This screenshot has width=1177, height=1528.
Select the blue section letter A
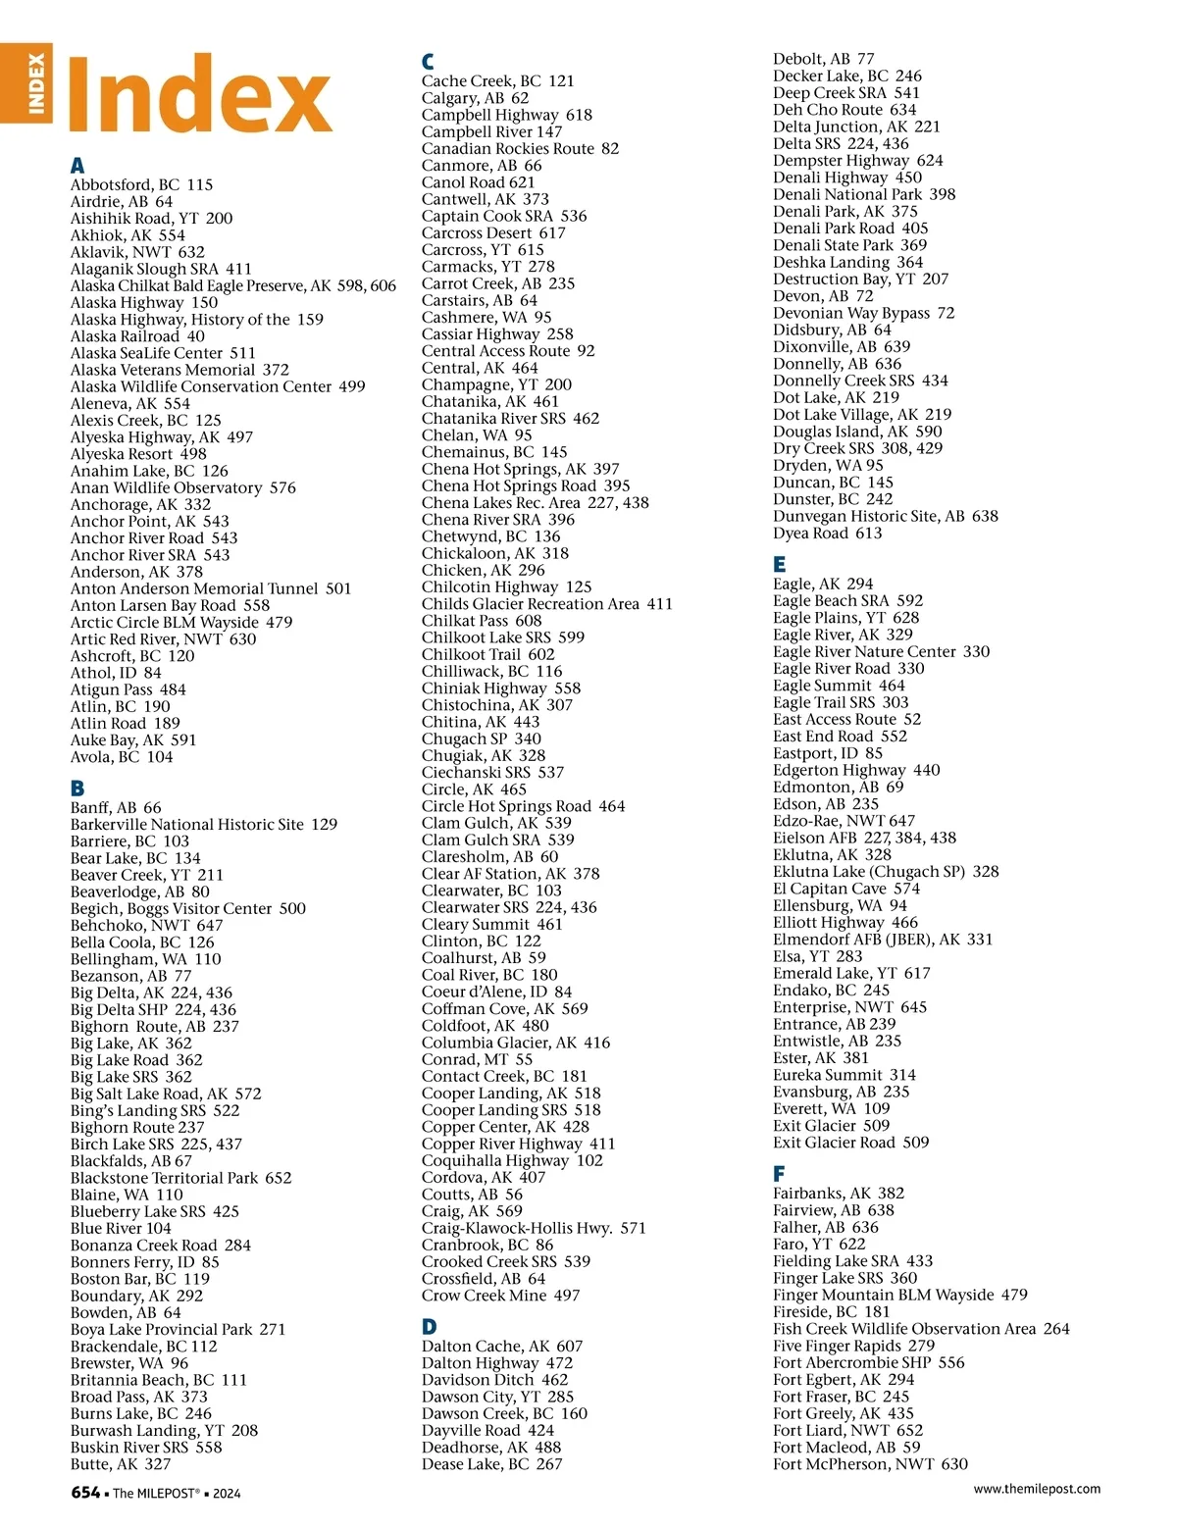(x=77, y=166)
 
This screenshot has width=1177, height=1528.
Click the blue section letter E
(x=780, y=564)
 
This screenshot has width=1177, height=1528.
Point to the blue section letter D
(x=429, y=1327)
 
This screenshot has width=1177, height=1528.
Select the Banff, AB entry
(x=116, y=807)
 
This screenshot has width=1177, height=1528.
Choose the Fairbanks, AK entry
(x=839, y=1193)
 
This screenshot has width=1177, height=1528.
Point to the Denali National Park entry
(x=863, y=194)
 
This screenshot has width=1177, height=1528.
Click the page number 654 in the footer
(x=85, y=1492)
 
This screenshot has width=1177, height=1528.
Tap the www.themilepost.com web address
(x=1036, y=1489)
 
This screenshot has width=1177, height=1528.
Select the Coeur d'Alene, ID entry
(x=496, y=992)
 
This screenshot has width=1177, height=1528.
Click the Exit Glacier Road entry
(x=850, y=1142)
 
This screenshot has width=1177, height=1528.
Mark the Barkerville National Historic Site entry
(x=203, y=824)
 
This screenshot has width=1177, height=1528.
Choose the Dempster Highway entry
(x=857, y=160)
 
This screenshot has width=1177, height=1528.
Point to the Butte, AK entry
(x=120, y=1463)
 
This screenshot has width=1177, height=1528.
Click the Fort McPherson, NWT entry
(x=870, y=1463)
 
